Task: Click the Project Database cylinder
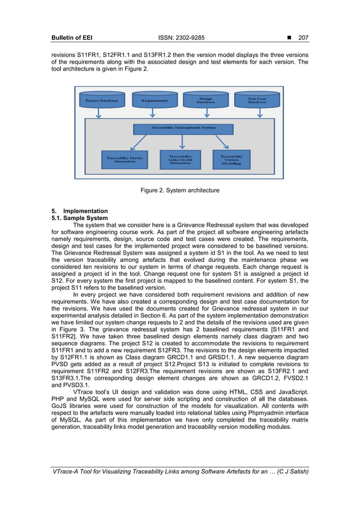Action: (x=102, y=100)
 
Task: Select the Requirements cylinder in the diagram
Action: (x=155, y=100)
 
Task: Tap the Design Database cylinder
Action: (x=205, y=100)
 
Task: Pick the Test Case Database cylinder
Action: (x=257, y=100)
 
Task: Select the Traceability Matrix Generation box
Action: (x=125, y=160)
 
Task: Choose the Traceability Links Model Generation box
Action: (x=180, y=159)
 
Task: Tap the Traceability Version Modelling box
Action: (x=231, y=159)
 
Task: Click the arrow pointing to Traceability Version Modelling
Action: (x=220, y=142)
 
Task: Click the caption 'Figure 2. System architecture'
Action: (x=180, y=191)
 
